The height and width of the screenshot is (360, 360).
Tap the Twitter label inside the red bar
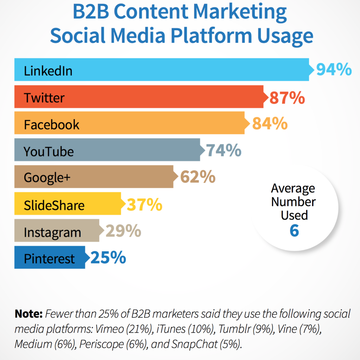pyautogui.click(x=44, y=97)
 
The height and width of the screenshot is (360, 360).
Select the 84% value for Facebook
pyautogui.click(x=270, y=124)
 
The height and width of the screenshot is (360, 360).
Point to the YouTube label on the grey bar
pyautogui.click(x=49, y=151)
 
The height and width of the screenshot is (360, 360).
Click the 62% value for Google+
pyautogui.click(x=198, y=177)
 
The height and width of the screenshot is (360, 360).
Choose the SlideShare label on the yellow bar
pyautogui.click(x=54, y=205)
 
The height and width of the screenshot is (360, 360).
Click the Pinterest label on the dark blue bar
pyautogui.click(x=50, y=259)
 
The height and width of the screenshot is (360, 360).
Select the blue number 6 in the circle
pyautogui.click(x=294, y=231)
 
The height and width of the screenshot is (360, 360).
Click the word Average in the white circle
pyautogui.click(x=293, y=189)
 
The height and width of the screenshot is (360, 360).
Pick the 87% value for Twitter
pyautogui.click(x=287, y=98)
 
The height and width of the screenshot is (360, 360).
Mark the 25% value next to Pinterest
pyautogui.click(x=108, y=258)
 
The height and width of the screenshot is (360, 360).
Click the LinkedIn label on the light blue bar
pyautogui.click(x=48, y=71)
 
